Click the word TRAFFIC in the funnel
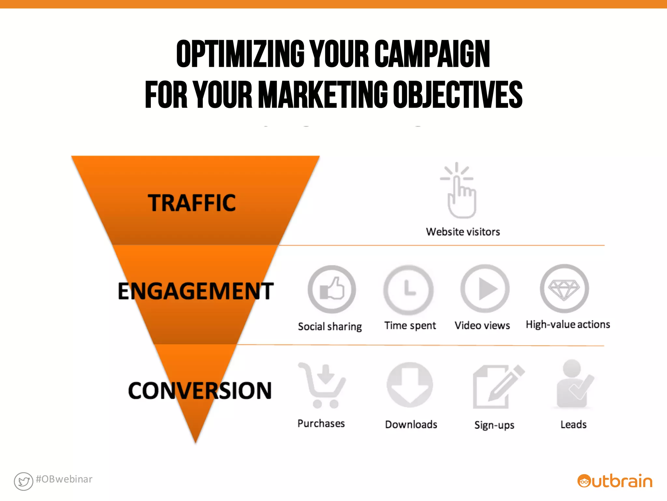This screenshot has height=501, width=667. [192, 203]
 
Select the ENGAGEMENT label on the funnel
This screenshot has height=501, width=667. [195, 291]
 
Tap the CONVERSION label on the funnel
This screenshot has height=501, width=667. [200, 390]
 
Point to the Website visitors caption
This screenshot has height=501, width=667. [463, 232]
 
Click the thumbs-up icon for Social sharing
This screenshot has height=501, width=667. [332, 289]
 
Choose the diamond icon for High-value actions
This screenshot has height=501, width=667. [564, 289]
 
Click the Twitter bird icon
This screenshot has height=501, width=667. [23, 481]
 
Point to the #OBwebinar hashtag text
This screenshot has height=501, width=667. [64, 479]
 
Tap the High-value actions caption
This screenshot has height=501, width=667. [568, 325]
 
